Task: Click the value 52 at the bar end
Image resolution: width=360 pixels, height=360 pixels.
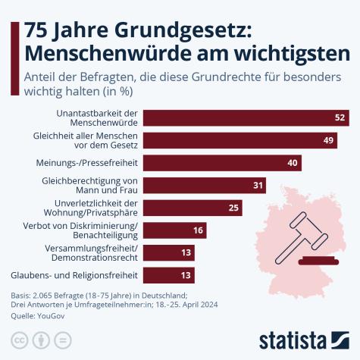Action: tap(340, 117)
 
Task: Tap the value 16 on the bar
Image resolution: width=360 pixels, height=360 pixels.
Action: tap(197, 230)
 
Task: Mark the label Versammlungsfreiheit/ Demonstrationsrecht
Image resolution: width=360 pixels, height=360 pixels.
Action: tap(90, 252)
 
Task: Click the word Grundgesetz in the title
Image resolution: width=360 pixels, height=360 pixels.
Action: tap(170, 31)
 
